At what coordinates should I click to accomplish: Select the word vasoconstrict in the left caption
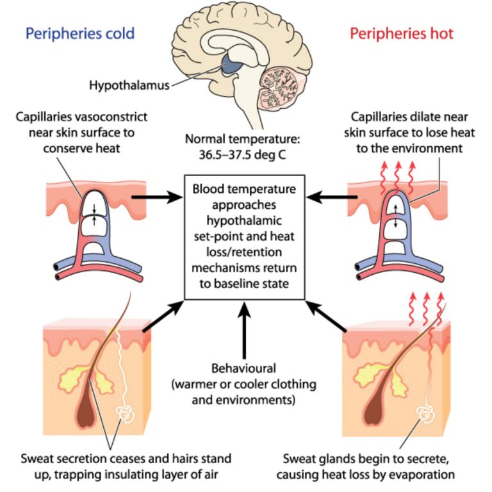click(x=117, y=117)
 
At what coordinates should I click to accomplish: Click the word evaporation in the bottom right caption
click(x=424, y=474)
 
